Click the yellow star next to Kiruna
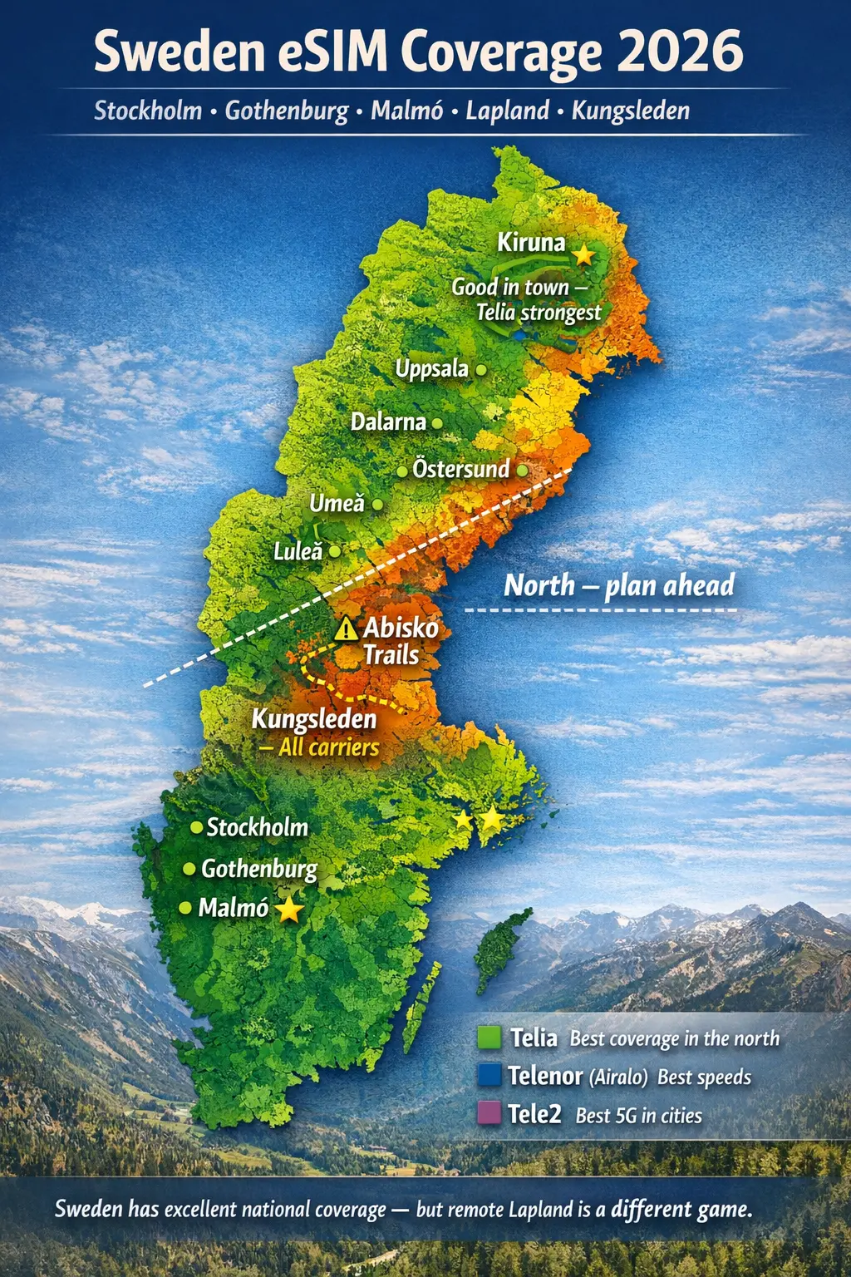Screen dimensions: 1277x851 tap(584, 254)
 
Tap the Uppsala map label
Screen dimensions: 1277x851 tap(431, 368)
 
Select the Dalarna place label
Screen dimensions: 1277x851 tap(388, 422)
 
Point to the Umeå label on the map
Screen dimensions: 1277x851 tap(337, 503)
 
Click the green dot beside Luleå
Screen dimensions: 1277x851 tap(334, 551)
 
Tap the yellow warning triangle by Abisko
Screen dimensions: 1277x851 tap(346, 629)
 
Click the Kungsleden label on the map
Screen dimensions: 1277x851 tap(314, 718)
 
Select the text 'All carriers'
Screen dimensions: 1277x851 tap(328, 747)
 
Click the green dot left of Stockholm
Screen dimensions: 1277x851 tap(197, 827)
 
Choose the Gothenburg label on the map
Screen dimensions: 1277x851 tap(259, 869)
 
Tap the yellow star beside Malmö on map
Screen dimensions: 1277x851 tap(288, 910)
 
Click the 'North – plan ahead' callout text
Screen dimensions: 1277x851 tap(619, 585)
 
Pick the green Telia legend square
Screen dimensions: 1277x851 tap(489, 1038)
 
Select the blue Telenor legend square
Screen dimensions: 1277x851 tap(489, 1075)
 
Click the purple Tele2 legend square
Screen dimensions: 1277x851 tap(489, 1113)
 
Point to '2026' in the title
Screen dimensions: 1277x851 tap(680, 52)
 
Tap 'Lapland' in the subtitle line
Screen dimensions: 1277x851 tap(507, 111)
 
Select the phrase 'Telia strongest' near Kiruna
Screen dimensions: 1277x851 tap(538, 313)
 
